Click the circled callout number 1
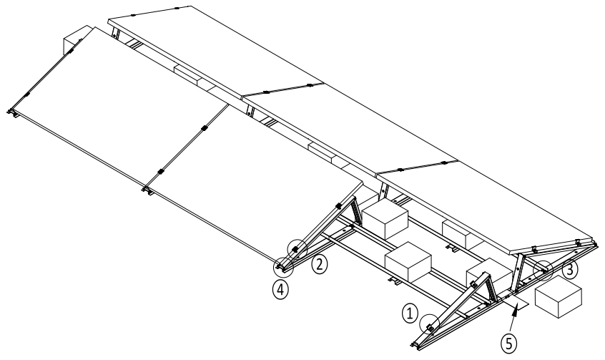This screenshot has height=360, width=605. [x=409, y=312]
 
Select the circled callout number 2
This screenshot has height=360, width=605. [x=320, y=264]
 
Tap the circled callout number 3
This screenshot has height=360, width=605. [x=569, y=271]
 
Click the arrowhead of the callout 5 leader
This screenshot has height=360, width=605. [x=517, y=304]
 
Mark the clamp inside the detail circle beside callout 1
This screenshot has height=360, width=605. [x=429, y=323]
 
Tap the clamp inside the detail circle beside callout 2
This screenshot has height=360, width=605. [x=295, y=248]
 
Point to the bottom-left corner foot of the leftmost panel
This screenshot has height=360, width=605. [x=12, y=112]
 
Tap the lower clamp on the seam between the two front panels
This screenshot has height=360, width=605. [x=160, y=171]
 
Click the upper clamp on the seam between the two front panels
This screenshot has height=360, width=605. [x=204, y=129]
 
